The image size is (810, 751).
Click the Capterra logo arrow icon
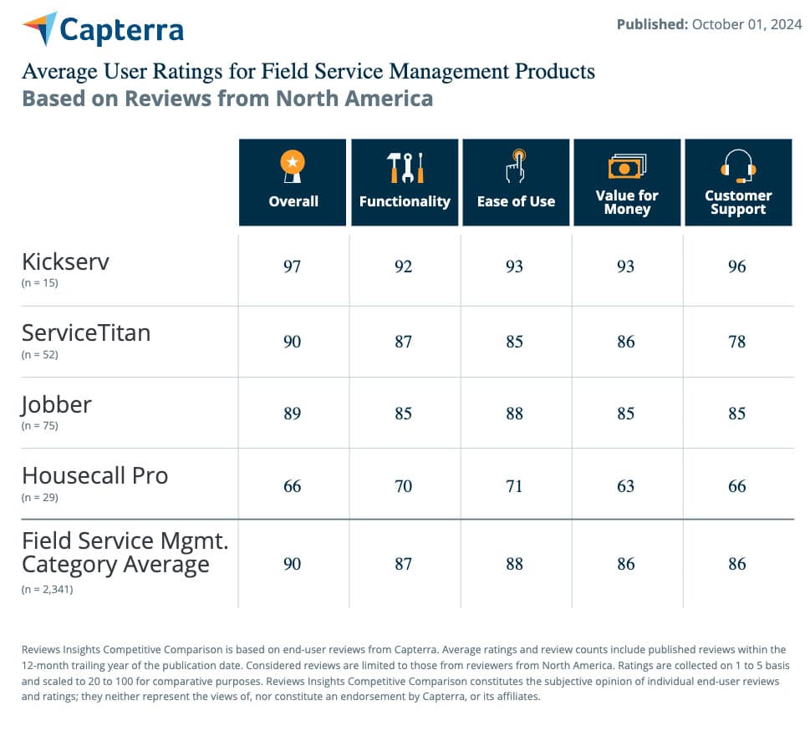coord(40,28)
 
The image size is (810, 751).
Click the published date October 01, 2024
coord(746,24)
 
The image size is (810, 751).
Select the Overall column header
coord(293,201)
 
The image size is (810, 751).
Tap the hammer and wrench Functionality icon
coord(405,168)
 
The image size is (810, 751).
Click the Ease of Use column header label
coord(516,201)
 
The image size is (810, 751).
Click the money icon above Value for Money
coord(627,166)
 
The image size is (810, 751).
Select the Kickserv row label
coord(65,261)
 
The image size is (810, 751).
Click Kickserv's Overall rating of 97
coord(292,266)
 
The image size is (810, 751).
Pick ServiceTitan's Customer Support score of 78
coord(736,342)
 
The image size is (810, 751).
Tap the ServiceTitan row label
coord(86,332)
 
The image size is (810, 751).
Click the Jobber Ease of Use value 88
coord(514,414)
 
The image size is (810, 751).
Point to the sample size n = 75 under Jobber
coord(40,425)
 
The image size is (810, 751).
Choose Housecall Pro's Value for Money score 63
coord(625,486)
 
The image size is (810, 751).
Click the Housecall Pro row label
coord(94,475)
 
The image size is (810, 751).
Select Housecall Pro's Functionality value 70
coord(403,486)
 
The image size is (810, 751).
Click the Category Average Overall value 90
coord(292,564)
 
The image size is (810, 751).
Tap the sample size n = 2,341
coord(47,589)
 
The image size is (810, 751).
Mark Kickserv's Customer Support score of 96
coord(736,266)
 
